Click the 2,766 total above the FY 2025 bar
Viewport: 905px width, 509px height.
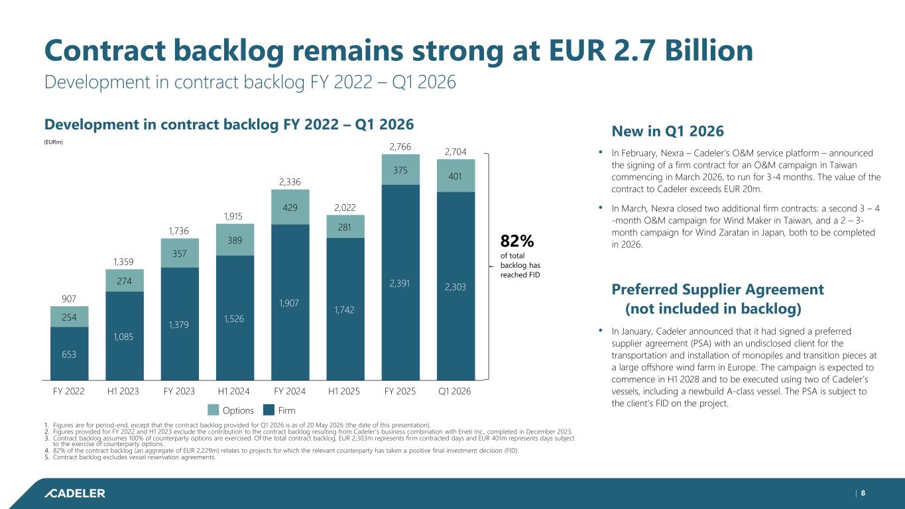pyautogui.click(x=400, y=146)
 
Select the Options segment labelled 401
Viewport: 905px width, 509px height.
pyautogui.click(x=455, y=176)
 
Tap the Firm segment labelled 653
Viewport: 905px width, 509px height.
pyautogui.click(x=69, y=353)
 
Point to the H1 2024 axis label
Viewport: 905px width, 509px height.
pyautogui.click(x=233, y=391)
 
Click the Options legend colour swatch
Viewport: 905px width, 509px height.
pyautogui.click(x=213, y=410)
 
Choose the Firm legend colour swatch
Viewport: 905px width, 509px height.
pyautogui.click(x=269, y=410)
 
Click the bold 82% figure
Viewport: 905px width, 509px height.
pyautogui.click(x=516, y=241)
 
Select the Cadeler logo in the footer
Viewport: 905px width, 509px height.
pyautogui.click(x=75, y=493)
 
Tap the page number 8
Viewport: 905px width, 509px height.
pyautogui.click(x=863, y=493)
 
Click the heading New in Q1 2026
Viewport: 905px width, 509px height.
pyautogui.click(x=668, y=131)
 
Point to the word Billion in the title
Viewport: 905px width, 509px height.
pyautogui.click(x=709, y=50)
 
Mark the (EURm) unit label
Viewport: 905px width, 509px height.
pyautogui.click(x=53, y=142)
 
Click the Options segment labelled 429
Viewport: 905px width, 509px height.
pyautogui.click(x=290, y=207)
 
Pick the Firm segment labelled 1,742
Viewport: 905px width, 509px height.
pyautogui.click(x=345, y=309)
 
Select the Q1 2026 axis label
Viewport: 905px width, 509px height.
pyautogui.click(x=455, y=391)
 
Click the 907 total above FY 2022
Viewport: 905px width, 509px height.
pyautogui.click(x=69, y=298)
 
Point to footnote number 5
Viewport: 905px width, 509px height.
pyautogui.click(x=46, y=457)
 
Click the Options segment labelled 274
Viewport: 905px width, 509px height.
pyautogui.click(x=125, y=280)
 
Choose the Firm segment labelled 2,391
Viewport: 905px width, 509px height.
pyautogui.click(x=400, y=282)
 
